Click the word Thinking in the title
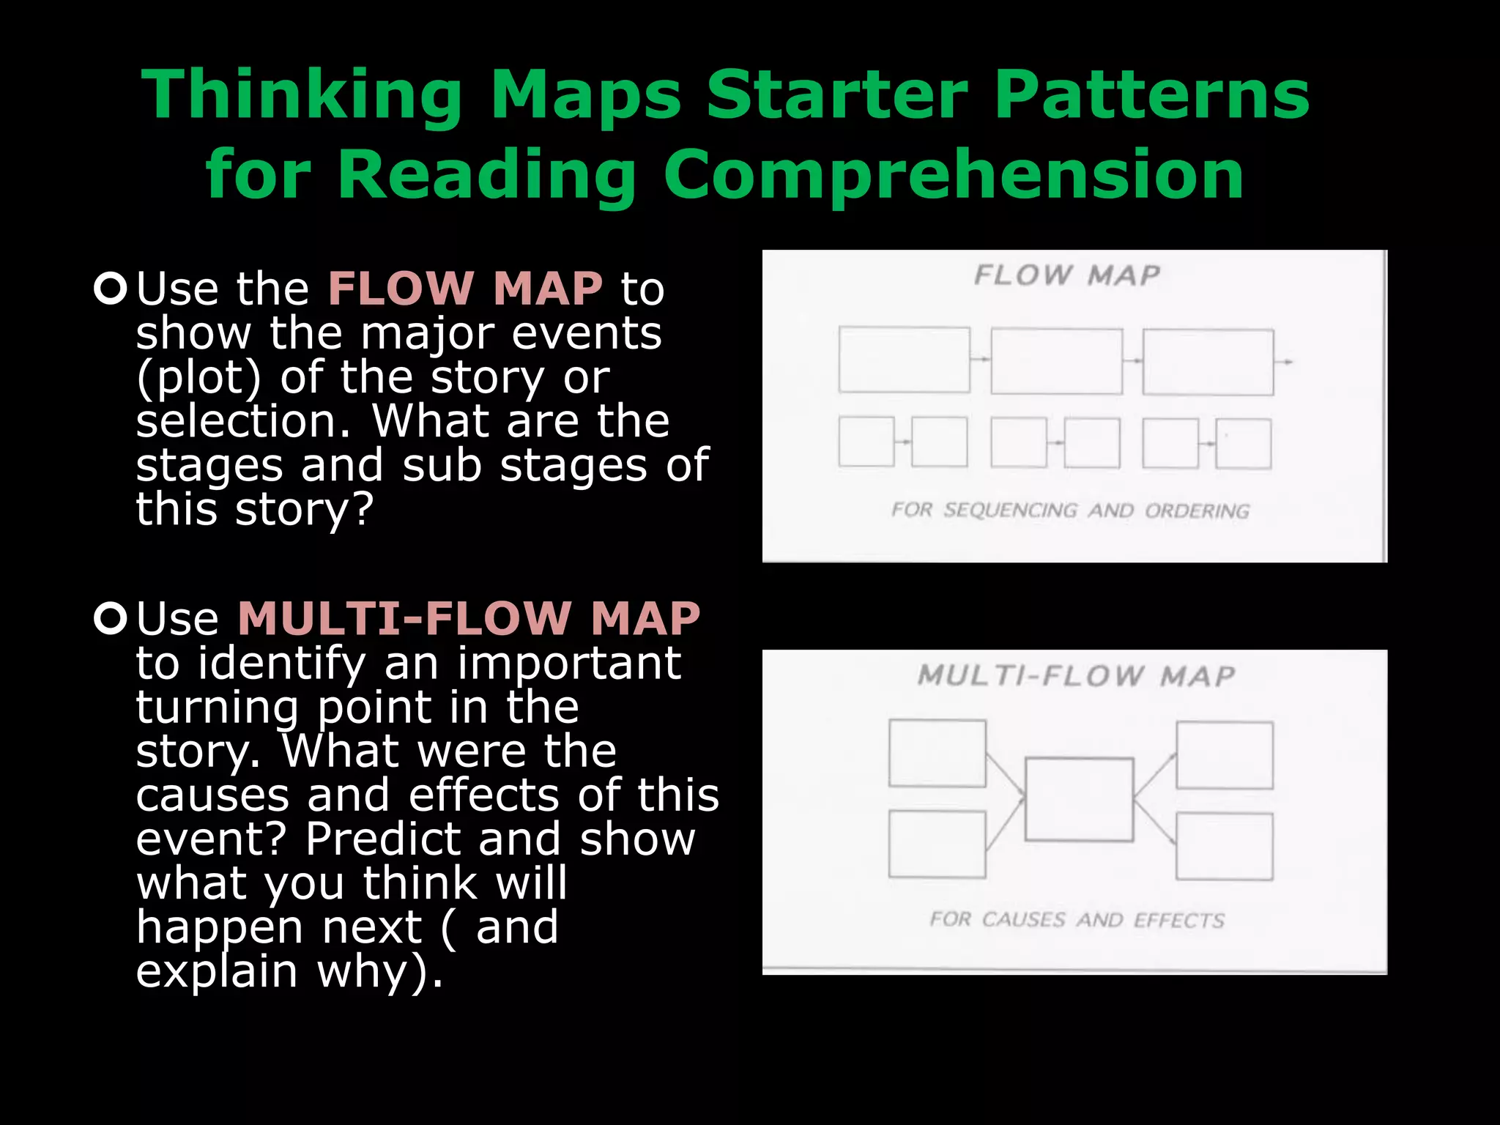[301, 95]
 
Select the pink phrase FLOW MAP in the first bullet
[465, 288]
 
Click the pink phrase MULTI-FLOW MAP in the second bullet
[469, 619]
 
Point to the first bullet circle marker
[111, 288]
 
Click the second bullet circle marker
[111, 619]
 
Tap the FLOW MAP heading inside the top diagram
[1067, 275]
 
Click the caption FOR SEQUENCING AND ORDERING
[1070, 510]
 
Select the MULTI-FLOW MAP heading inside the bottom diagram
[1076, 675]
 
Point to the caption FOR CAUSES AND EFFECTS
[1077, 919]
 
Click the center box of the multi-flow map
[1079, 799]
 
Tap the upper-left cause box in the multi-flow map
[937, 753]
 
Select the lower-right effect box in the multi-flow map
[1224, 846]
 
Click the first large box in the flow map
[904, 360]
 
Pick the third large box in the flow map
[1208, 362]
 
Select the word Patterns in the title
[1151, 95]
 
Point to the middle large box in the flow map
[1056, 361]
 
